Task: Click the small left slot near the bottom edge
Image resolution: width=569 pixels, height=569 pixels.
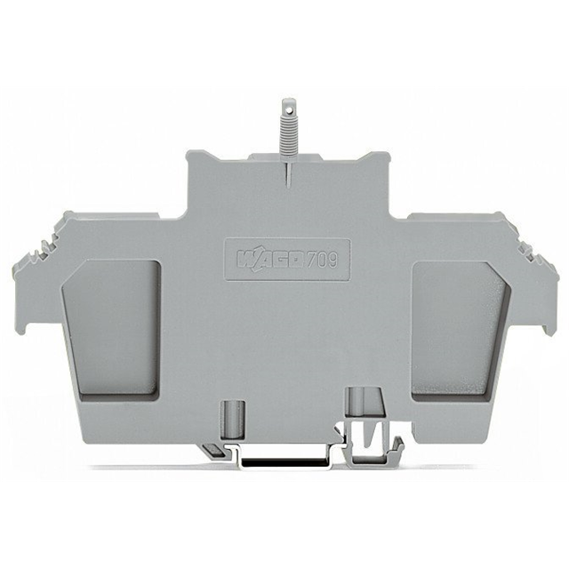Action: click(x=236, y=413)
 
